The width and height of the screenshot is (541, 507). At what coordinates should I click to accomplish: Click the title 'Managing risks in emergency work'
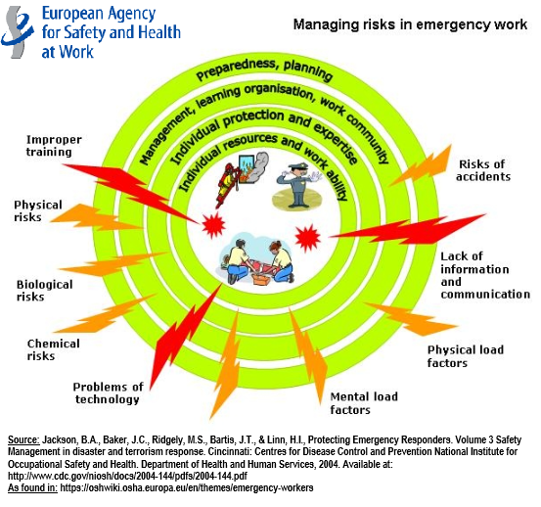[x=410, y=24]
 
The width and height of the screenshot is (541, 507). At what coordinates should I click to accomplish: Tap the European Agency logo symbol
[x=18, y=31]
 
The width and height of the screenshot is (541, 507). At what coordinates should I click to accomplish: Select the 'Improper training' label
[x=54, y=146]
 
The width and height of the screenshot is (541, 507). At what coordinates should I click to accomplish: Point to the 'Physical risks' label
[x=38, y=210]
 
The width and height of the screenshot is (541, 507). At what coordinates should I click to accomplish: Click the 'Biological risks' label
[x=44, y=291]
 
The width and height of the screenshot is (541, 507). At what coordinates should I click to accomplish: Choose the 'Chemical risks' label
[x=54, y=349]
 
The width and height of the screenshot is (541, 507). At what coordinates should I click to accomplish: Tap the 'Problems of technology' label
[x=108, y=392]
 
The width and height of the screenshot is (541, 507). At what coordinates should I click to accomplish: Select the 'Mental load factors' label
[x=364, y=403]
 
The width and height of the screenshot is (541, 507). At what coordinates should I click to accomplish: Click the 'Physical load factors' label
[x=466, y=356]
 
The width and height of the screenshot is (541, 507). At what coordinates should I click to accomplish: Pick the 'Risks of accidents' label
[x=483, y=170]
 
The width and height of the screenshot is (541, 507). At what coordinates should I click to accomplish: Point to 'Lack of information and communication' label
[x=485, y=275]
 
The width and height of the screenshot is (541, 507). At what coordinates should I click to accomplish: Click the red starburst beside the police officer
[x=308, y=238]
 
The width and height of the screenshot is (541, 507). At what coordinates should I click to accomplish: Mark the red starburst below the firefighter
[x=213, y=225]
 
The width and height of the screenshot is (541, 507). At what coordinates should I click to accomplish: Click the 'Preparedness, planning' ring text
[x=264, y=70]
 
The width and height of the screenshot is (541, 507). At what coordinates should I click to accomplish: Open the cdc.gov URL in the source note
[x=127, y=476]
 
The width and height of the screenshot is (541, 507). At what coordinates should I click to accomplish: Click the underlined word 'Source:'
[x=23, y=439]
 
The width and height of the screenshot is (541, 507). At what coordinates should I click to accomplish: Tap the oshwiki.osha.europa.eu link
[x=186, y=487]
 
